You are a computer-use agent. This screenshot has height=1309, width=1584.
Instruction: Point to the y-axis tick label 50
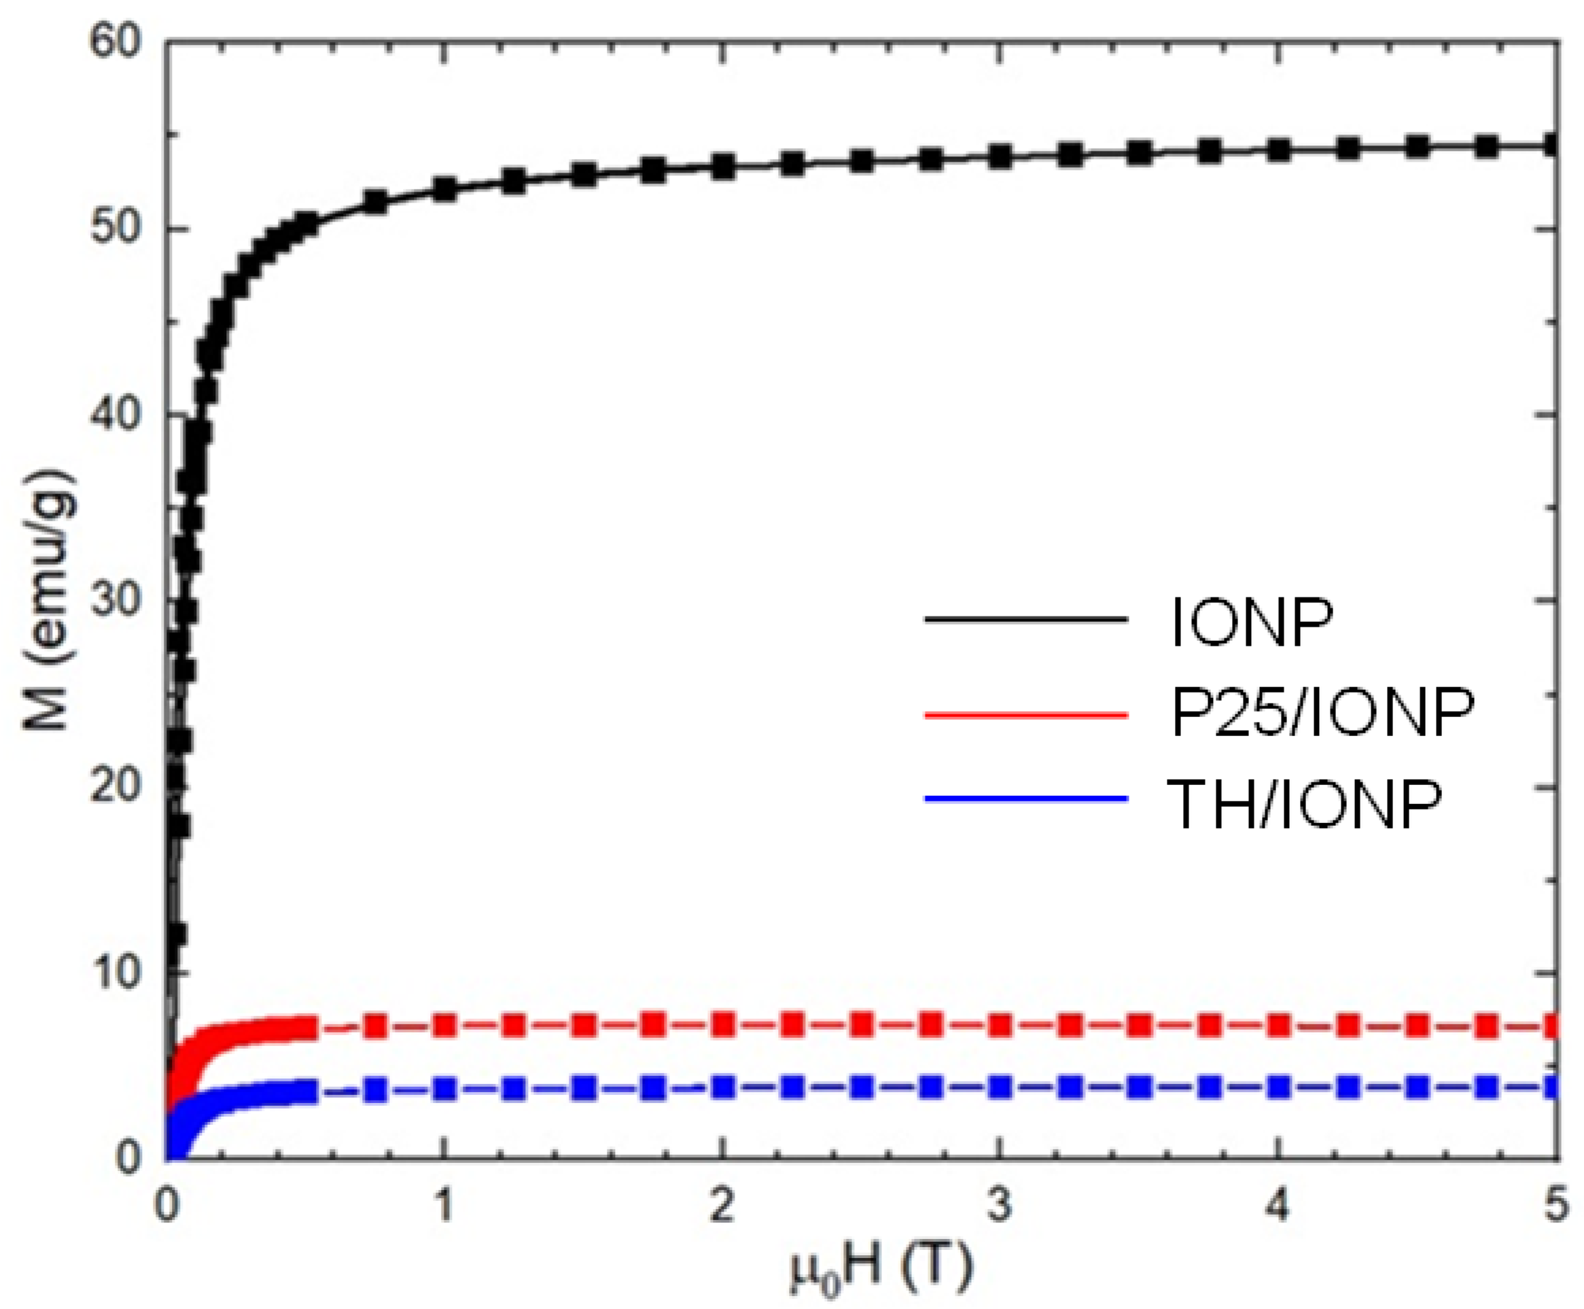[x=115, y=230]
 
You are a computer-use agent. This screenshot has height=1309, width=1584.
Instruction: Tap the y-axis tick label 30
[x=115, y=601]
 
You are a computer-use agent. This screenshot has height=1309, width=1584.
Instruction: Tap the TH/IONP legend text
[x=1304, y=804]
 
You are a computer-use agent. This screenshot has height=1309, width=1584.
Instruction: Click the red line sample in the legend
[x=1025, y=714]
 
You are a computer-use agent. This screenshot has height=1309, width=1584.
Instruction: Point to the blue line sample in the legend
[x=1025, y=799]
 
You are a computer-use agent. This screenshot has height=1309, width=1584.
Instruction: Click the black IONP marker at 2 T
[x=722, y=167]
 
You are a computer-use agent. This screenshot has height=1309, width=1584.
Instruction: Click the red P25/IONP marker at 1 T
[x=445, y=1026]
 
